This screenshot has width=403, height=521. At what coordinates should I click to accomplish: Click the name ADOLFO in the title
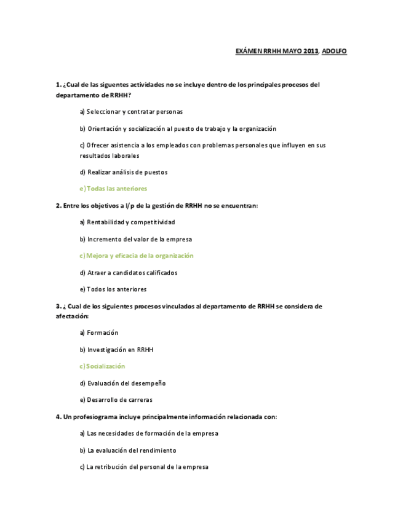click(x=334, y=51)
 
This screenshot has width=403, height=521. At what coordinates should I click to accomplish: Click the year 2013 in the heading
click(x=310, y=51)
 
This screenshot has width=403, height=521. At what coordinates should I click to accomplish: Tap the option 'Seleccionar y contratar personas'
click(x=131, y=112)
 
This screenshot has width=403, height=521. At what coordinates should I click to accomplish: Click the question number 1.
click(x=58, y=85)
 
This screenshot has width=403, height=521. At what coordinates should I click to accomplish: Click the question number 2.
click(x=58, y=206)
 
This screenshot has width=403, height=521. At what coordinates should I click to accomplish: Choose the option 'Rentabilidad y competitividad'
click(x=127, y=222)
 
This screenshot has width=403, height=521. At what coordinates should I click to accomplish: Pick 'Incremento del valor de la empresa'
click(x=136, y=239)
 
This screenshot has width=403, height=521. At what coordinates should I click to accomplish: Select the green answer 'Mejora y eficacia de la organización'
click(x=137, y=256)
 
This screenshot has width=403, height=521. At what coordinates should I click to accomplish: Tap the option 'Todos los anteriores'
click(x=113, y=289)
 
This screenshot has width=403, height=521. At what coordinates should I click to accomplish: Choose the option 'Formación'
click(x=99, y=333)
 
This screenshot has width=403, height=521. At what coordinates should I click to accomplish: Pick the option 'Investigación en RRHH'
click(x=117, y=350)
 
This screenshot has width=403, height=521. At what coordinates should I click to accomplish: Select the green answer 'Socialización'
click(x=102, y=366)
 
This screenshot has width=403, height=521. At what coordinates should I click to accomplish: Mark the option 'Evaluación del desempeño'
click(x=123, y=383)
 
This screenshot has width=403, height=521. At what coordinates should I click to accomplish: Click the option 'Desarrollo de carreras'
click(x=116, y=400)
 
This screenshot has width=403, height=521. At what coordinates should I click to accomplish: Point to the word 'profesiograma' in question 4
click(x=96, y=417)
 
